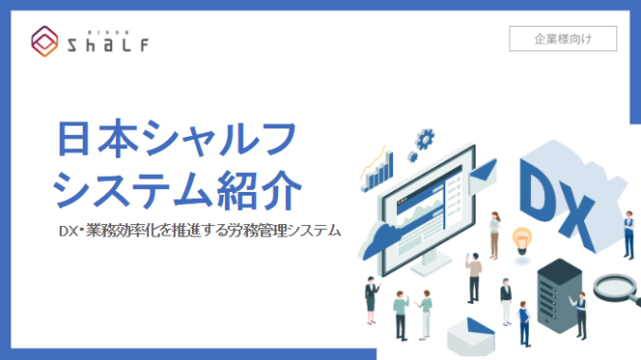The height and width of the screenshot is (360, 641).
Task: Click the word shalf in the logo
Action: (106, 43)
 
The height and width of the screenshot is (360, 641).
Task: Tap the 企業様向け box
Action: (563, 39)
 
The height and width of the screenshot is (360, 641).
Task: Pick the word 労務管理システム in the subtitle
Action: (289, 231)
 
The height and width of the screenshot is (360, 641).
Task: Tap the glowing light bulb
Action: (520, 237)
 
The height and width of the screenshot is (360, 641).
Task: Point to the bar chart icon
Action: (377, 171)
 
